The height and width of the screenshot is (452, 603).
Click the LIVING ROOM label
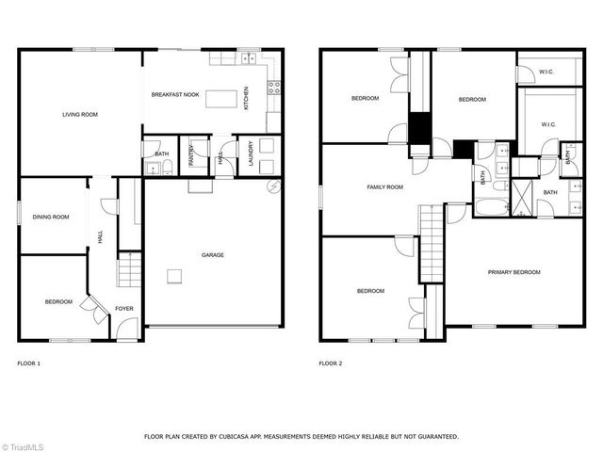pyautogui.click(x=80, y=114)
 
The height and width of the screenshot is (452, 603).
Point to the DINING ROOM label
pyautogui.click(x=52, y=218)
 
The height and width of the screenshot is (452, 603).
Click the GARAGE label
pyautogui.click(x=212, y=254)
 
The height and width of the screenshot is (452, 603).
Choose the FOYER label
pyautogui.click(x=124, y=308)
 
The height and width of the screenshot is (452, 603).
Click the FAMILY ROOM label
pyautogui.click(x=384, y=187)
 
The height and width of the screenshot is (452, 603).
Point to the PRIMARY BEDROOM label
pyautogui.click(x=514, y=272)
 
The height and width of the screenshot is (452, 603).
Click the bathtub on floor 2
pyautogui.click(x=493, y=209)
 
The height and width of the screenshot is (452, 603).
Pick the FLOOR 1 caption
pyautogui.click(x=29, y=363)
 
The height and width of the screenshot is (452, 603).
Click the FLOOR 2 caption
pyautogui.click(x=330, y=363)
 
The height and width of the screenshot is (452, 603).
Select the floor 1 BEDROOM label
pyautogui.click(x=58, y=301)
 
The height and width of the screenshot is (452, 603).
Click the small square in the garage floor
pyautogui.click(x=174, y=275)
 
